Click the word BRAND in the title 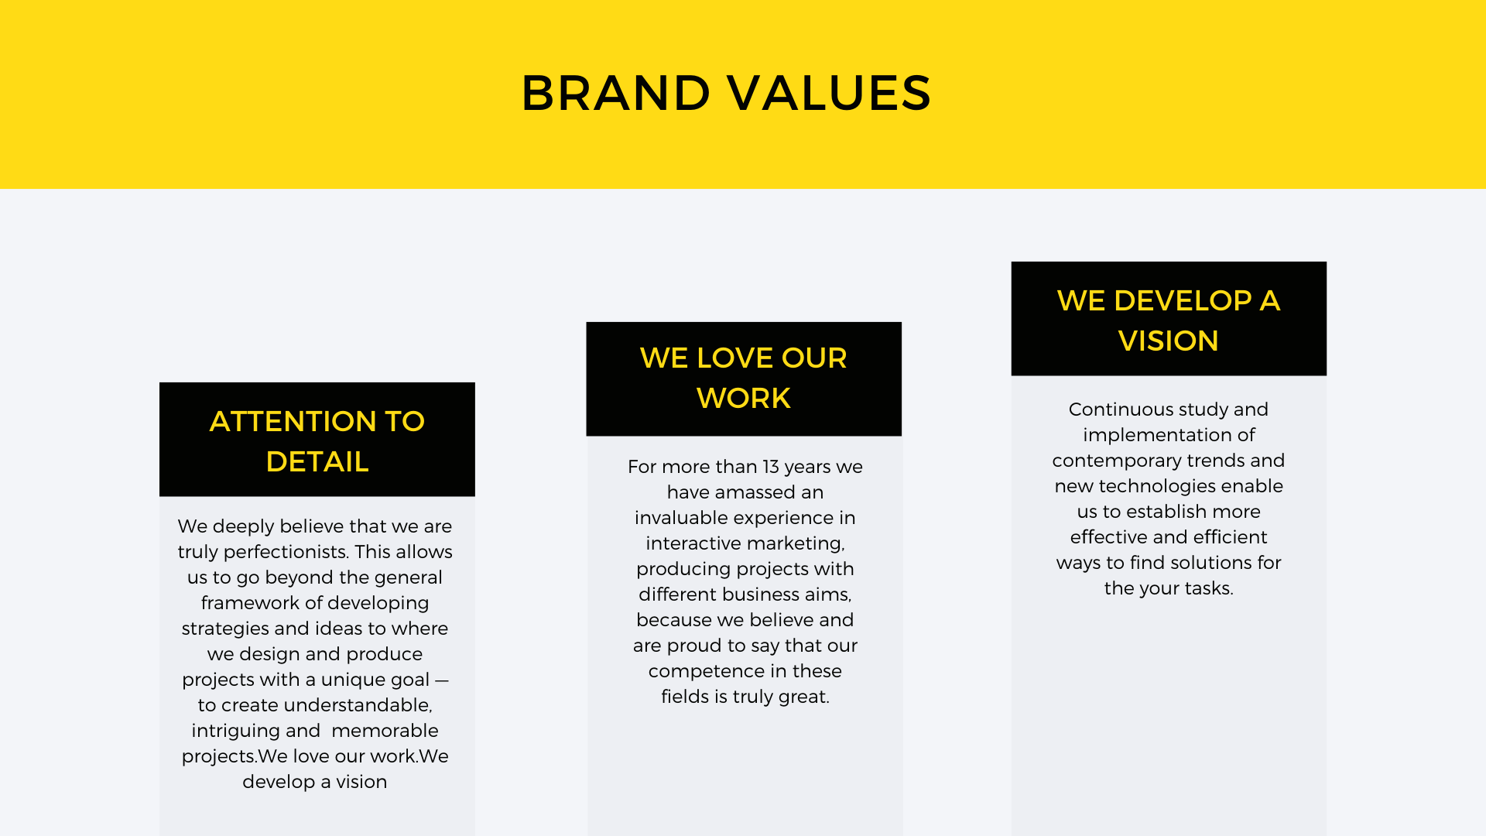(x=616, y=93)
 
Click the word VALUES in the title (x=830, y=93)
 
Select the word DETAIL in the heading (x=317, y=461)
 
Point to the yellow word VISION (x=1169, y=341)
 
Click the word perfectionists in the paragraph (x=286, y=552)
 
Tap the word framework (x=249, y=603)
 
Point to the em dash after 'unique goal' (x=441, y=680)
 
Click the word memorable (x=385, y=731)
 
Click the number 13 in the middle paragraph (x=771, y=467)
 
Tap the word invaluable (x=682, y=518)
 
